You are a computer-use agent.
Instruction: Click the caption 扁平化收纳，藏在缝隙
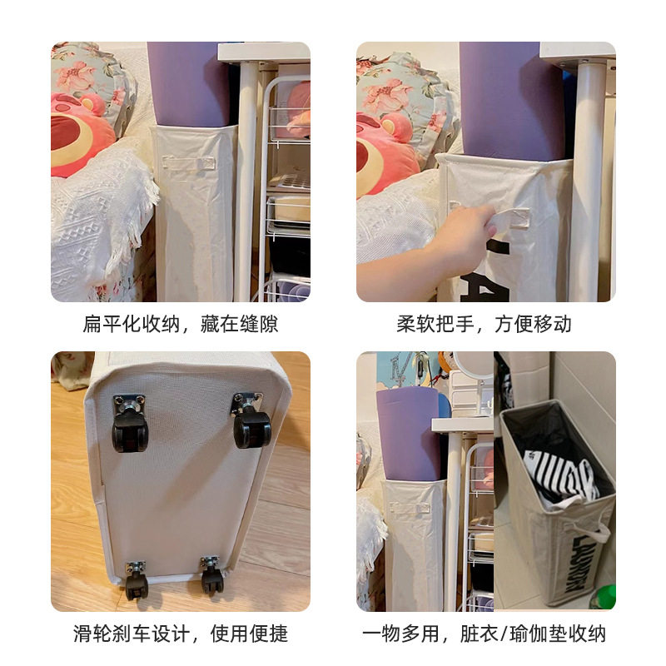tap(181, 324)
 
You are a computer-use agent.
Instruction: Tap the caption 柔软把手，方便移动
tap(484, 324)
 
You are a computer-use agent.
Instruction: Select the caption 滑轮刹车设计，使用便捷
tap(181, 634)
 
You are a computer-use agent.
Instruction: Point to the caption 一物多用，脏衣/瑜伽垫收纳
tap(484, 634)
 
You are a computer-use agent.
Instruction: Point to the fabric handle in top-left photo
tap(188, 163)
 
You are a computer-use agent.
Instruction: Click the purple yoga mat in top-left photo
tap(190, 84)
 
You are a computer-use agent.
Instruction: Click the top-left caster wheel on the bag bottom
tap(130, 424)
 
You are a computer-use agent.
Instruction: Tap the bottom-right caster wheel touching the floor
tap(211, 575)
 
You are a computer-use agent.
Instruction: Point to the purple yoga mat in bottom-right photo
tap(408, 434)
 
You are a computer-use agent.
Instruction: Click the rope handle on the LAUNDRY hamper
tap(593, 532)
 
